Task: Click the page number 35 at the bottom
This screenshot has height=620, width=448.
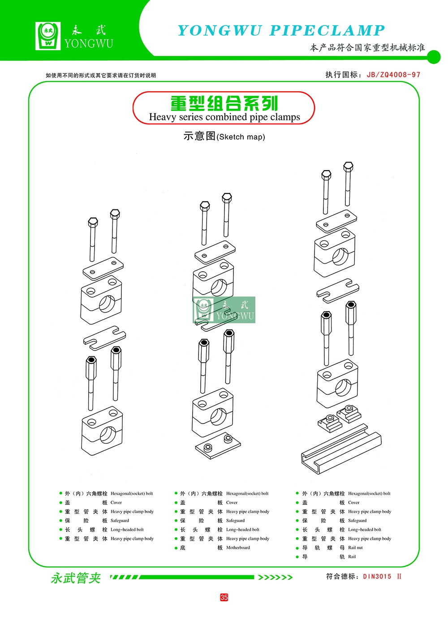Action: coord(224,597)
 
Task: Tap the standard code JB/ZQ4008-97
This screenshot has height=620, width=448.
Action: coord(393,75)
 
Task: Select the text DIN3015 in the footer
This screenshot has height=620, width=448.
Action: coord(377,577)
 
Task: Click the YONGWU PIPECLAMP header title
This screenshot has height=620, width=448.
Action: coord(281,30)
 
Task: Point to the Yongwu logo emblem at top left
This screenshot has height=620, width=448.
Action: coord(48,36)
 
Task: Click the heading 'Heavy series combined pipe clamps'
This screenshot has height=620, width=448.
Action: coord(224,117)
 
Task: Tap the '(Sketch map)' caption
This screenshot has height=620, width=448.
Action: coord(241,137)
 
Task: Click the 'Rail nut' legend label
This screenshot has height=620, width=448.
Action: coord(355,547)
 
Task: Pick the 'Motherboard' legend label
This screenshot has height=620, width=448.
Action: coord(238,547)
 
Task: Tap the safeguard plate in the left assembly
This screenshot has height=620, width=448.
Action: coord(104,338)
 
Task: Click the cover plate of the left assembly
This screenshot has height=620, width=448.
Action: coord(103,269)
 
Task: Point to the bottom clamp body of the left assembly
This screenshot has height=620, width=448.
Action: coord(102,430)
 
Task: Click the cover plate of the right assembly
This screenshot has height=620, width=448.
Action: coord(336,221)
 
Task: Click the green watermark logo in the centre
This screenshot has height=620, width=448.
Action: coord(224,310)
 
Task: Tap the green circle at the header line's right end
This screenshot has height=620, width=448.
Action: coord(434,57)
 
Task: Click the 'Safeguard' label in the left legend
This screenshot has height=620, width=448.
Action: coord(120,521)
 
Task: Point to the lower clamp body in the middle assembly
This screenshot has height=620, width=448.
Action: coord(213,412)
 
